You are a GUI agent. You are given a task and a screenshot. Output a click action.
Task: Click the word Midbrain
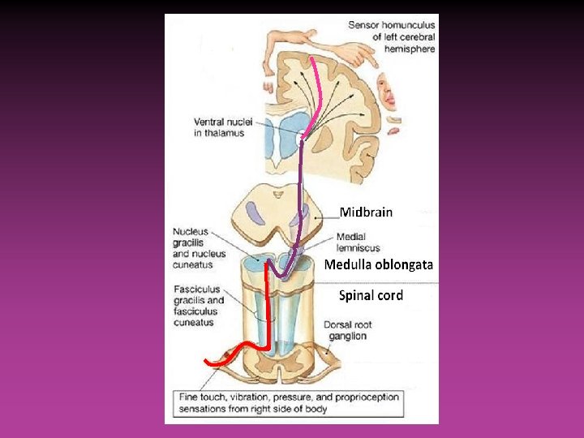pos(366,213)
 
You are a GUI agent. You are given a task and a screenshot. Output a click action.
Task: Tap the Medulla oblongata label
pos(379,264)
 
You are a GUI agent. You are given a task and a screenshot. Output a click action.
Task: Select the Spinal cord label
pos(371,295)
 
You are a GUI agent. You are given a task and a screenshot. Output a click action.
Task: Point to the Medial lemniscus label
pos(357,242)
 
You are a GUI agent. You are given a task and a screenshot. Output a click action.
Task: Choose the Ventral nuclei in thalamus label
pos(222,127)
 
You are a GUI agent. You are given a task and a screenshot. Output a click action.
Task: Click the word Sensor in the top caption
pos(365,25)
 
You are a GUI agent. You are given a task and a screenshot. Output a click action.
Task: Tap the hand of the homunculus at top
pos(351,54)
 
